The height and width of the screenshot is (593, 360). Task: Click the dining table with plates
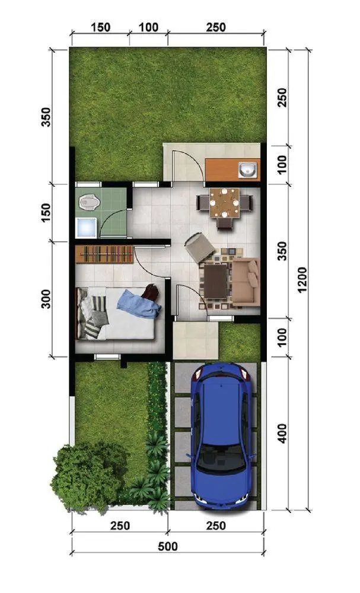click(x=225, y=203)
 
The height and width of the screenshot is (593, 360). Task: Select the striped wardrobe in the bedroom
click(x=104, y=254)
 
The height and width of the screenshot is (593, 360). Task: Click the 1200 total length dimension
click(x=302, y=279)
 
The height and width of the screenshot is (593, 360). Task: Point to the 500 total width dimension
click(x=168, y=547)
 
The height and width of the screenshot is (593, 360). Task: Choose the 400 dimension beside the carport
click(x=282, y=433)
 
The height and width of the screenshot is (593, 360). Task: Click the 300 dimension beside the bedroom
click(x=46, y=299)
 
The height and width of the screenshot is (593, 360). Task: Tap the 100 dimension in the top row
click(x=149, y=27)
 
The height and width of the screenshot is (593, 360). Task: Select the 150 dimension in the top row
click(x=101, y=27)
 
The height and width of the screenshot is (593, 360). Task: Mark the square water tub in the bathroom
click(x=86, y=228)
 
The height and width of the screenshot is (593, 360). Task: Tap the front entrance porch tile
click(x=196, y=340)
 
